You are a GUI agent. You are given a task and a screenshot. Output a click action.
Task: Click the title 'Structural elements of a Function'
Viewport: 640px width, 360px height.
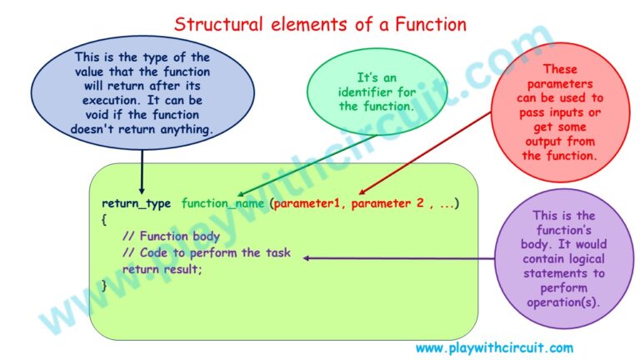coord(320,24)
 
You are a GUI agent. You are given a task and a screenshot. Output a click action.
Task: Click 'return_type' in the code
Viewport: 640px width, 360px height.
coord(137,203)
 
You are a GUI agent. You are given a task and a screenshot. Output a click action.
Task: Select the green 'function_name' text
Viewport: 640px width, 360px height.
coord(222,203)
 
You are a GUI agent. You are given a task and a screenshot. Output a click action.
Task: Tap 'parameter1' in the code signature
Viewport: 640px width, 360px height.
coord(307,203)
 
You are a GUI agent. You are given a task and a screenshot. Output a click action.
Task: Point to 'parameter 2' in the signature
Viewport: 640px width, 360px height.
coord(387,203)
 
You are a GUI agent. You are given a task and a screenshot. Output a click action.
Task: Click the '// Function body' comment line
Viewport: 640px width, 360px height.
coord(171,236)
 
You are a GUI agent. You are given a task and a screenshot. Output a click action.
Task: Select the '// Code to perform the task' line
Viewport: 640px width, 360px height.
coord(207,252)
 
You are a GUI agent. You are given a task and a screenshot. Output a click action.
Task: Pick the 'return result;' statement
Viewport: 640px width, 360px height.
coord(162,269)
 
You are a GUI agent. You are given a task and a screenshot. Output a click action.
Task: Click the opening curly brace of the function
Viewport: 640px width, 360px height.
coord(104,220)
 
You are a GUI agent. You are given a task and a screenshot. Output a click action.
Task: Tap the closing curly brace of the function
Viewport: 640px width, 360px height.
coord(104,285)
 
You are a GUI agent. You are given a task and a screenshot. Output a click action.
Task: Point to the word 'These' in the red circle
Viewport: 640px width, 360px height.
coord(560,69)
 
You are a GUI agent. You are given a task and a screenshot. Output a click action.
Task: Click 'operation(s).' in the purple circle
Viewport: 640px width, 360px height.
coord(563,302)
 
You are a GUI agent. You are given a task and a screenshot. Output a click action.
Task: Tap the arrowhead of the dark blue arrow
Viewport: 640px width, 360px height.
coord(142,191)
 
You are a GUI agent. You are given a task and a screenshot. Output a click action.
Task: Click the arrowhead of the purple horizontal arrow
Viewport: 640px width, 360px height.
coord(306,258)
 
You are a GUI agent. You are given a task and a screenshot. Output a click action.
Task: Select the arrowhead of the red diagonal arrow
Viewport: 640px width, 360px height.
coord(362,192)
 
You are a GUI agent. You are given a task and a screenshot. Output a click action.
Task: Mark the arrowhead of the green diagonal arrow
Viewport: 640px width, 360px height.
coord(241,194)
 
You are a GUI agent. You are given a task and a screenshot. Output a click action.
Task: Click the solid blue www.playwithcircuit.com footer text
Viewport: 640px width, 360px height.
coord(494,348)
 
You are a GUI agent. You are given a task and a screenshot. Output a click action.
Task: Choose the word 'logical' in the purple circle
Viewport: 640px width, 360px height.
coord(584,259)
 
